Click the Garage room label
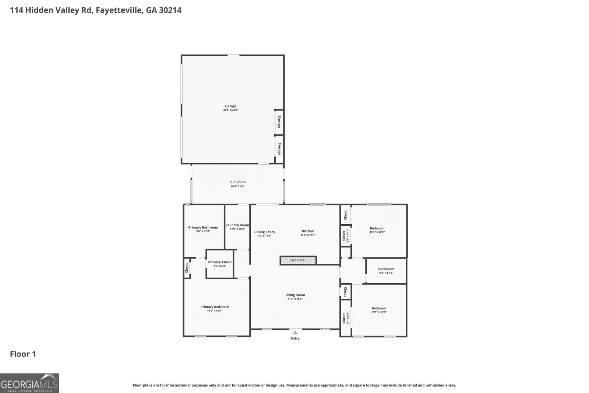tap(231, 106)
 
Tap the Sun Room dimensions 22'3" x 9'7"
tap(237, 186)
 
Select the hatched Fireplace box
tap(298, 260)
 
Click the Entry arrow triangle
tap(295, 333)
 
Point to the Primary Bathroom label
tap(203, 227)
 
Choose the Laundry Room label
tap(237, 225)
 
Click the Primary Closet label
tap(220, 262)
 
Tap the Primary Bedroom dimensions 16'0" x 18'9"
tap(214, 310)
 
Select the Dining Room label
tap(264, 232)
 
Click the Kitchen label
tap(308, 231)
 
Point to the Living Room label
tap(295, 295)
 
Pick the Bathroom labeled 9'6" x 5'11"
tap(386, 271)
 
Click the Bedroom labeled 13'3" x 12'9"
tap(377, 230)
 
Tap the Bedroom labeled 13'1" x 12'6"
tap(379, 310)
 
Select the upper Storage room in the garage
tap(279, 122)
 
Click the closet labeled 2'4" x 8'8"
tap(345, 318)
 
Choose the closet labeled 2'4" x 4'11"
tap(345, 235)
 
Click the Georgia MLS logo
tap(29, 383)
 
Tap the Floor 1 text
tap(23, 354)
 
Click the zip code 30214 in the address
tap(169, 10)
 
